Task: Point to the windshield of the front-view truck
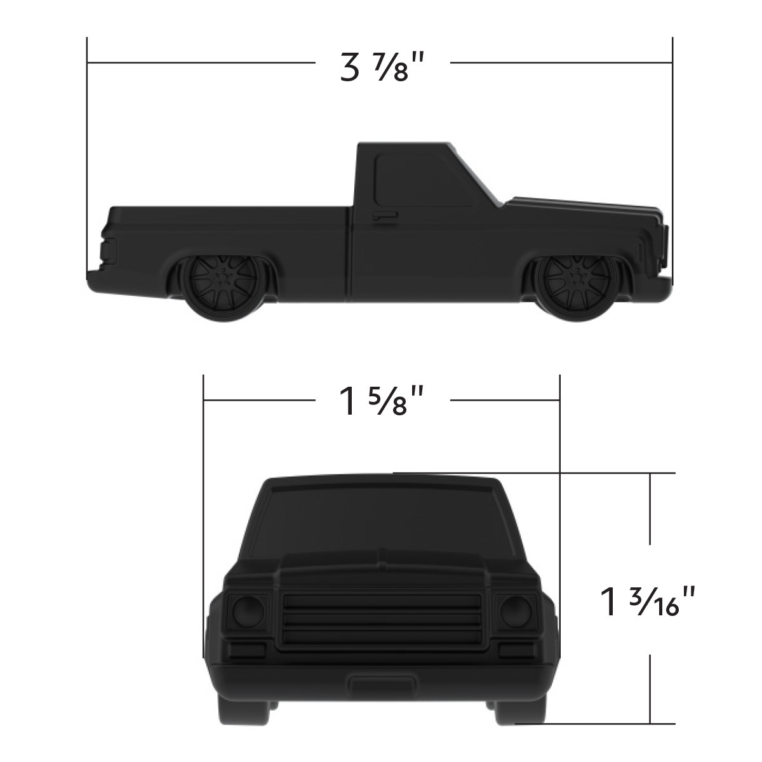381,521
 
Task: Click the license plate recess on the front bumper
382,685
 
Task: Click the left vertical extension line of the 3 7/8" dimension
87,159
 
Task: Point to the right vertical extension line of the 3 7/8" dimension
672,159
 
